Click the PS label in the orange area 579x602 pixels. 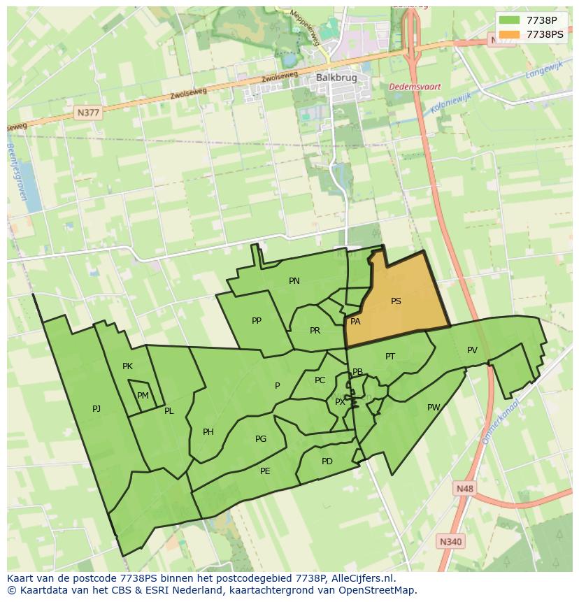(x=396, y=301)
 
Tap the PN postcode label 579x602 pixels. (x=294, y=281)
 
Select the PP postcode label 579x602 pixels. (x=257, y=321)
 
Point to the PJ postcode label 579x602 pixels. (x=96, y=409)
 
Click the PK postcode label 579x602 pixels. (x=127, y=366)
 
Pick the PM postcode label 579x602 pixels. (x=143, y=396)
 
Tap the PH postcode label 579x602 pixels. (x=208, y=432)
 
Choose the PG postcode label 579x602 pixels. (x=261, y=439)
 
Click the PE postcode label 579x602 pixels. (x=265, y=471)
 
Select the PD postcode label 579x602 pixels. (x=327, y=461)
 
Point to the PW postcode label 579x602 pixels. (x=434, y=408)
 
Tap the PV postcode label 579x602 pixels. (x=472, y=350)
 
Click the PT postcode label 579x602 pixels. (x=390, y=357)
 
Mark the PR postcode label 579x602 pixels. (x=315, y=331)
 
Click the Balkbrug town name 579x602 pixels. (x=331, y=78)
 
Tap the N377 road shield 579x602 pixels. (x=89, y=112)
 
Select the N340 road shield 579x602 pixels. (x=451, y=541)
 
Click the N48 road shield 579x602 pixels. (x=463, y=489)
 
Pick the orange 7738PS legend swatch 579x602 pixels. (x=509, y=34)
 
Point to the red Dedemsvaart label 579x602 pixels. (x=415, y=87)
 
